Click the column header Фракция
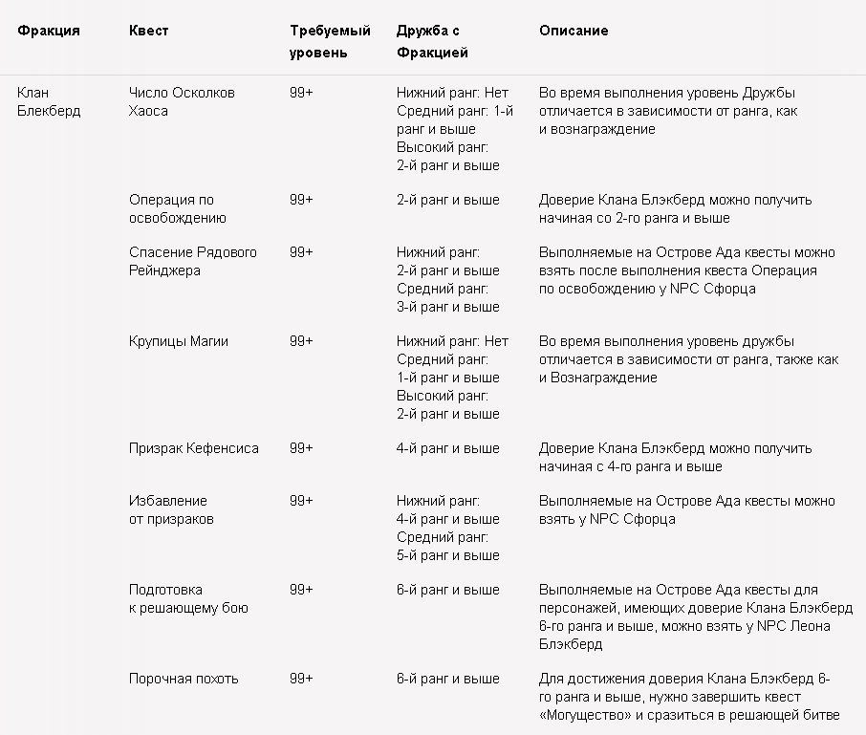[x=49, y=31]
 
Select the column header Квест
[x=148, y=31]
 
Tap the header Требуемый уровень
[x=330, y=41]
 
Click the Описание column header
[x=574, y=31]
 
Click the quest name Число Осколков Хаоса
[x=182, y=101]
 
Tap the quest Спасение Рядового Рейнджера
[x=193, y=261]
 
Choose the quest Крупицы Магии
[x=179, y=341]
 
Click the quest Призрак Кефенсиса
[x=194, y=448]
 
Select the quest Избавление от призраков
[x=171, y=509]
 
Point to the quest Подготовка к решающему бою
[x=188, y=598]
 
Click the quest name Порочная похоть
[x=184, y=679]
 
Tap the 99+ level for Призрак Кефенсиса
[x=301, y=448]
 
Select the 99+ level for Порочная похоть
[x=301, y=679]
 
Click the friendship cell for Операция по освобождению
[x=447, y=200]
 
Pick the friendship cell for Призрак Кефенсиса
[x=447, y=448]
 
